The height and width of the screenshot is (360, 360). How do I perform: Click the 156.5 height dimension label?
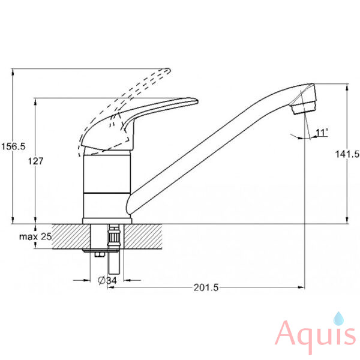tap(13, 146)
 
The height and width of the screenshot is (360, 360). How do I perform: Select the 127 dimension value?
tap(35, 161)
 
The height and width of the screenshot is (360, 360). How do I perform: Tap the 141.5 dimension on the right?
tap(347, 154)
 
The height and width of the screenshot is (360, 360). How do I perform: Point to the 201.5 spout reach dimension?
tap(206, 287)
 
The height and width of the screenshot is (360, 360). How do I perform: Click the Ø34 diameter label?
tap(107, 280)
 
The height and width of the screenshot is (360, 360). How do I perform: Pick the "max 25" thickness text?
tap(35, 236)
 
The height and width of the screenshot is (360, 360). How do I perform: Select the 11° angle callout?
tap(322, 133)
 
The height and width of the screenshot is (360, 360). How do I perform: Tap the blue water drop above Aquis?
tap(338, 319)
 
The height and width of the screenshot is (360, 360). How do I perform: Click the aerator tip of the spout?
tap(304, 107)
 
